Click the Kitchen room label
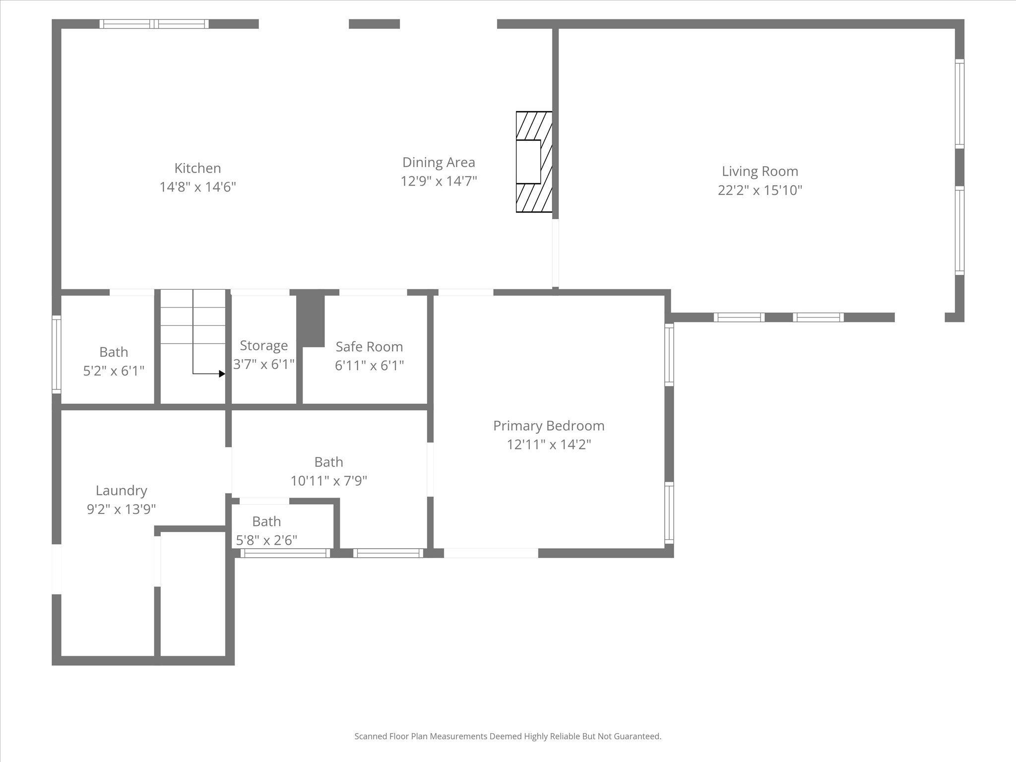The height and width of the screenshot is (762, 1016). (197, 168)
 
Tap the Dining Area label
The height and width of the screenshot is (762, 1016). (439, 162)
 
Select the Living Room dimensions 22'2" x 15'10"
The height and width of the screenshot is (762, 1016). (760, 190)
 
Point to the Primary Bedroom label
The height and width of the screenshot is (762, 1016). (548, 426)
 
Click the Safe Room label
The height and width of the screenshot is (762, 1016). (369, 346)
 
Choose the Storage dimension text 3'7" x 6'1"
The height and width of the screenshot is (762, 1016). (264, 364)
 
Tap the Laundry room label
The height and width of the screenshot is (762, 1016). (122, 490)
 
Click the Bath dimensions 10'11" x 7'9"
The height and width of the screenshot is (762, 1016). (328, 481)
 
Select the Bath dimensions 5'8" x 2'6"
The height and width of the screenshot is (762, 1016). (266, 540)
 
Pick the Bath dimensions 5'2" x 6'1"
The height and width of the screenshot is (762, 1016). (114, 371)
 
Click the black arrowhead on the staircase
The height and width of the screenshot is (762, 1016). (222, 374)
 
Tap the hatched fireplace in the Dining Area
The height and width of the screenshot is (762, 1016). (534, 162)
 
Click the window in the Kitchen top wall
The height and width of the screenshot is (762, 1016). (154, 24)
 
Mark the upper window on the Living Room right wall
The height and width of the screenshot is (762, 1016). (959, 103)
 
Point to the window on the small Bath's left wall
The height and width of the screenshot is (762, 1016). (57, 354)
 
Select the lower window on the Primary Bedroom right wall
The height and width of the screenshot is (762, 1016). (669, 513)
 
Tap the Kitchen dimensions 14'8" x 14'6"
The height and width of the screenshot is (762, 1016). (197, 187)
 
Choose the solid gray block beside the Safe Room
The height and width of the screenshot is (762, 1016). (311, 320)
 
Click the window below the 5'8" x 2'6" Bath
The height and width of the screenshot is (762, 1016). (285, 553)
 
